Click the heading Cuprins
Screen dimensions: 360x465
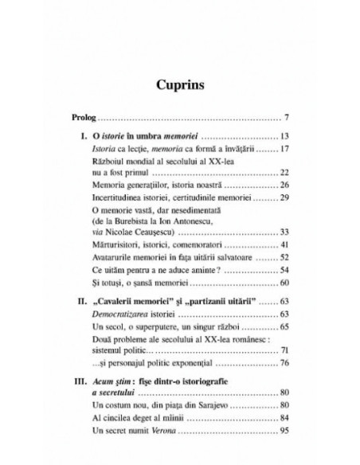[179, 84]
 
